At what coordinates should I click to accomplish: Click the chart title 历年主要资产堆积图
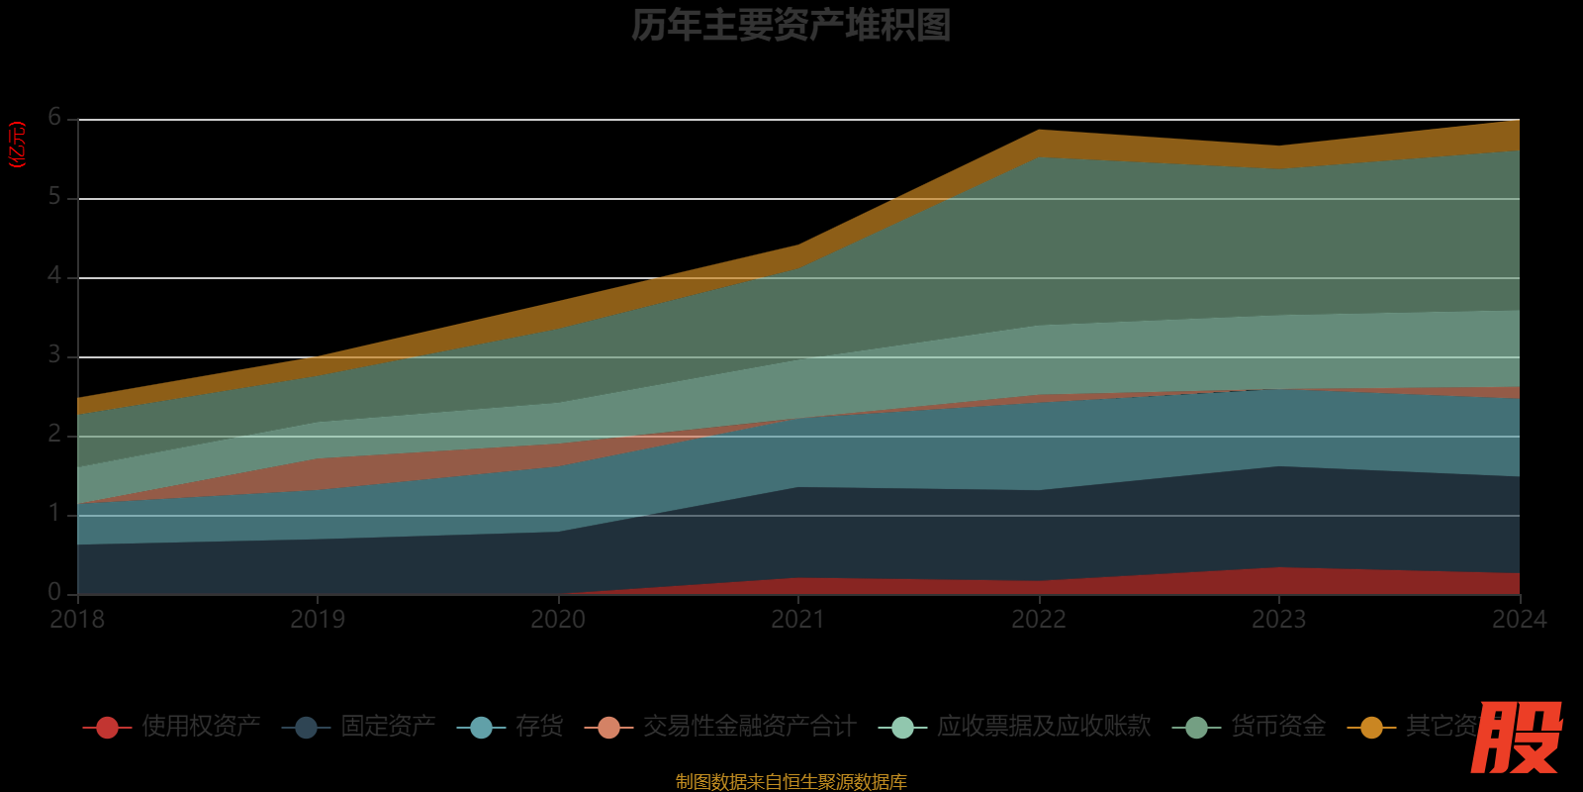pos(791,26)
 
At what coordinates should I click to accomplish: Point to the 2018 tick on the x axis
pos(77,620)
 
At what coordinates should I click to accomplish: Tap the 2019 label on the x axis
pos(318,620)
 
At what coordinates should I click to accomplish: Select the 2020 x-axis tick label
pos(558,620)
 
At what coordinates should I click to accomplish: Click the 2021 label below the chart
pos(797,620)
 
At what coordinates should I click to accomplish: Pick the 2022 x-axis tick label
pos(1038,620)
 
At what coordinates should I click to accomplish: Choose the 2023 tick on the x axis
pos(1278,620)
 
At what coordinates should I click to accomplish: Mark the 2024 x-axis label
pos(1519,620)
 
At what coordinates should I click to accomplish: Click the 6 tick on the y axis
pos(54,118)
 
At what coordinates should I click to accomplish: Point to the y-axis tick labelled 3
pos(54,355)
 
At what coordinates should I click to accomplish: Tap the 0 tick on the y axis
pos(54,592)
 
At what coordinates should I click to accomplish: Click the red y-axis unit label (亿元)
pos(17,145)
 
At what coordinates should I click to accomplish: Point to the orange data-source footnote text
pos(791,782)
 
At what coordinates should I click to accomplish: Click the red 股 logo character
pos(1516,738)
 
